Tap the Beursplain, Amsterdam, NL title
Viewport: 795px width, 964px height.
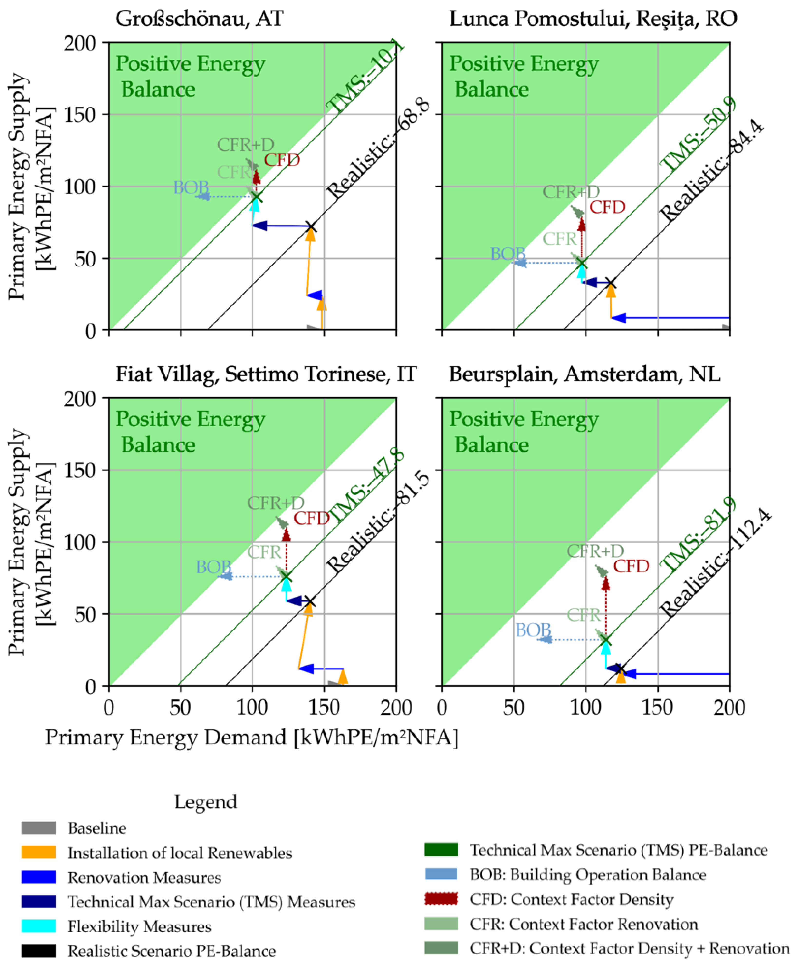click(584, 374)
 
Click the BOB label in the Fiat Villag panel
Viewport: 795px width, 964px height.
click(213, 567)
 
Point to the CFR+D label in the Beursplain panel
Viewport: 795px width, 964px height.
click(595, 551)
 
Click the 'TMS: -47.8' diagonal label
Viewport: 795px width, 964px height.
click(366, 487)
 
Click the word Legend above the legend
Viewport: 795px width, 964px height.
click(206, 802)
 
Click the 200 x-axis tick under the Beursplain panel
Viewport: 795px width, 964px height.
click(729, 708)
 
